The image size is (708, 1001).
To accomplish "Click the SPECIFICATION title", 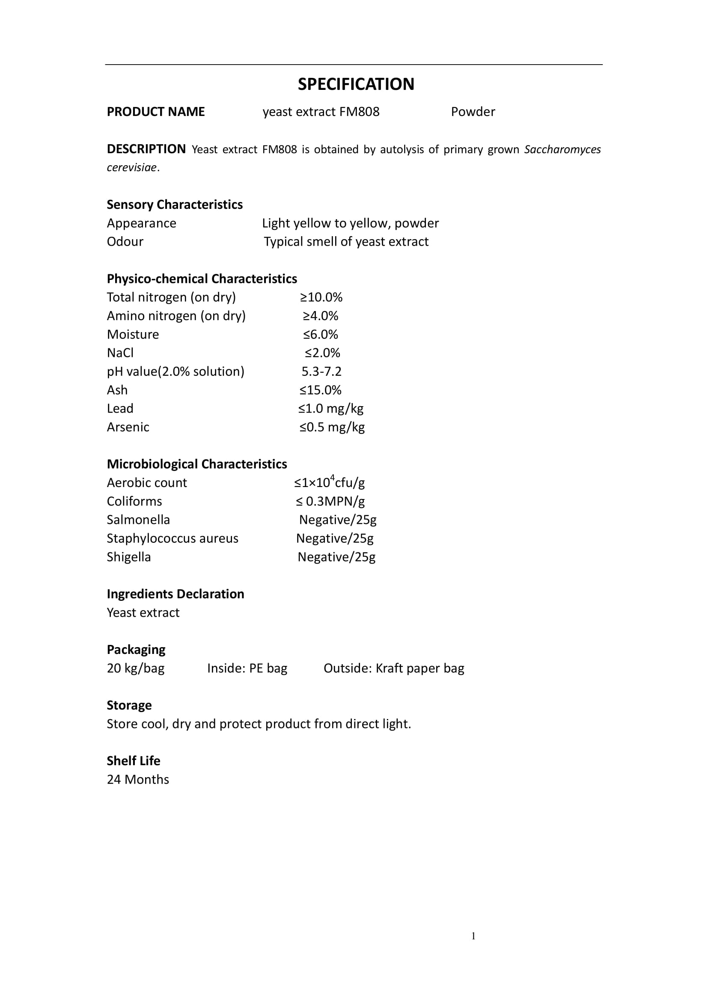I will pyautogui.click(x=356, y=84).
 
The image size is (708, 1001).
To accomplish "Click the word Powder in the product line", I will pyautogui.click(x=473, y=112).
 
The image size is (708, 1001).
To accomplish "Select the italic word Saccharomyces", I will pyautogui.click(x=562, y=149).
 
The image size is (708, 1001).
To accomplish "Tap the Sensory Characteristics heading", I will pyautogui.click(x=174, y=205).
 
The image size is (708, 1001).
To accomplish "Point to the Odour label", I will pyautogui.click(x=125, y=241).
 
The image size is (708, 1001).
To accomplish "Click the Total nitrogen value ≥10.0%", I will pyautogui.click(x=321, y=297).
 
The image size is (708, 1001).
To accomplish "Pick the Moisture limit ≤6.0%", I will pyautogui.click(x=321, y=334).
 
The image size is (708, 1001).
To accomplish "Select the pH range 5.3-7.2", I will pyautogui.click(x=321, y=371).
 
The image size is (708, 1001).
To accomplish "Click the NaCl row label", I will pyautogui.click(x=120, y=353).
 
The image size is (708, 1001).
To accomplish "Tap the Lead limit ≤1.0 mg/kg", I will pyautogui.click(x=330, y=409).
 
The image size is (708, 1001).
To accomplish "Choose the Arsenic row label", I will pyautogui.click(x=128, y=427).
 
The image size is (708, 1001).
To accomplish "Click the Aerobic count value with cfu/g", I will pyautogui.click(x=329, y=482).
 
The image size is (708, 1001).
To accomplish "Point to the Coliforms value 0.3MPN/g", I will pyautogui.click(x=330, y=502).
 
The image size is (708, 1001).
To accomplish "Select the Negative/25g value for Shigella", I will pyautogui.click(x=336, y=557).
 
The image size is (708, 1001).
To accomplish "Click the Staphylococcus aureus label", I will pyautogui.click(x=172, y=538).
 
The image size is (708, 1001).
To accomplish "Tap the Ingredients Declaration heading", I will pyautogui.click(x=175, y=594).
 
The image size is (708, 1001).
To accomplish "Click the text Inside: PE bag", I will pyautogui.click(x=247, y=668).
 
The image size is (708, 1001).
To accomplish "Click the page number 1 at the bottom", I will pyautogui.click(x=473, y=936).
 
